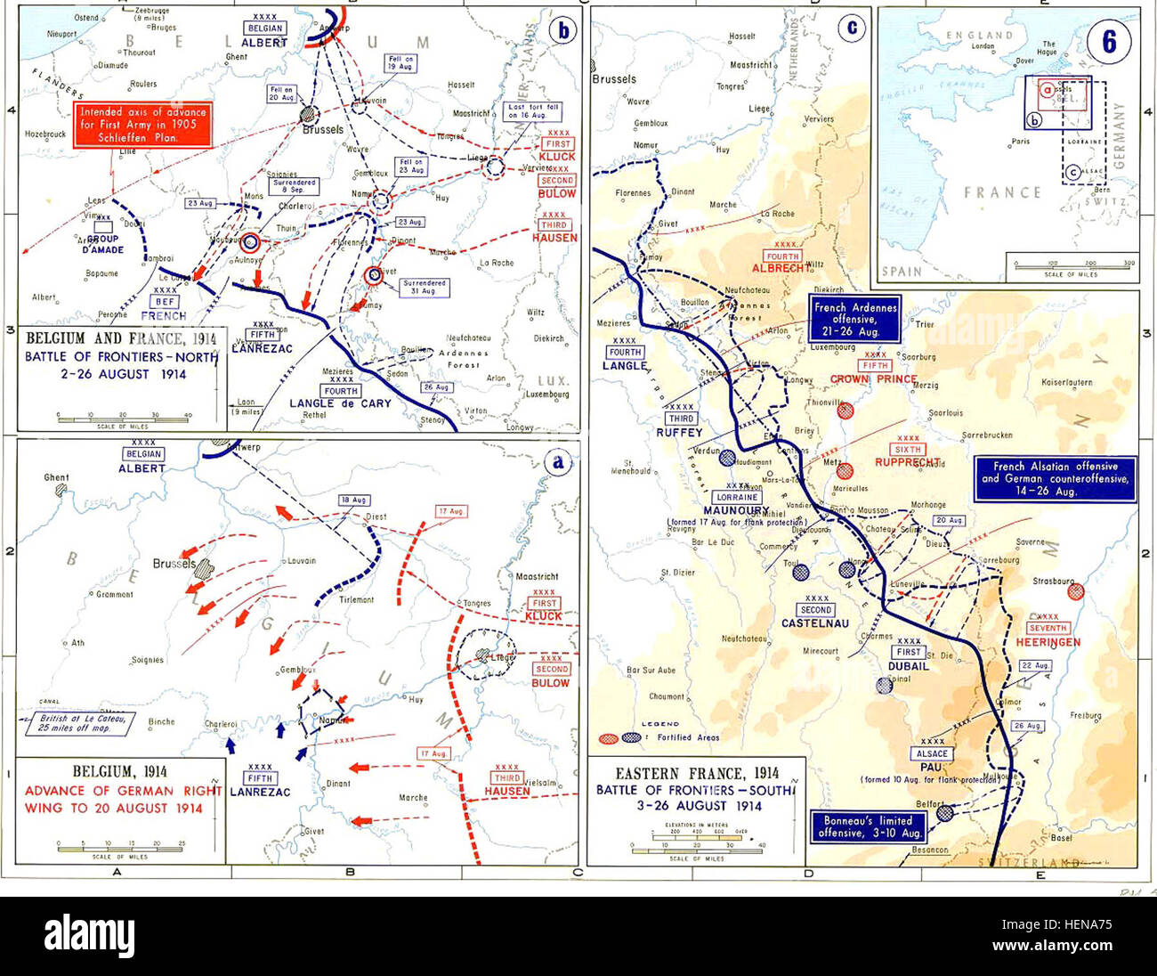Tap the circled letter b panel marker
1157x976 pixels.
click(x=562, y=30)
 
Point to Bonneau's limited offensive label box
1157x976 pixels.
click(x=868, y=827)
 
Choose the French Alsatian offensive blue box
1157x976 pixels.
click(x=1055, y=478)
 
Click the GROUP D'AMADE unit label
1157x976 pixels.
click(x=103, y=245)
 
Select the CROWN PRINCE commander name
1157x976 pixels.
click(x=873, y=379)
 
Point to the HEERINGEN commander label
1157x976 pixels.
click(x=1047, y=642)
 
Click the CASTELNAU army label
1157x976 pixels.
click(x=815, y=623)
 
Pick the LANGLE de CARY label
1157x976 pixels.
click(x=339, y=403)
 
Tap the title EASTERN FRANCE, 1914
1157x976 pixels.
click(x=697, y=774)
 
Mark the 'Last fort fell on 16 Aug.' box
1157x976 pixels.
click(x=533, y=111)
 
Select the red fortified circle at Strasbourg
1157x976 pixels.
click(x=1075, y=590)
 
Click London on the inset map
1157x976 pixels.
click(x=983, y=46)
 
